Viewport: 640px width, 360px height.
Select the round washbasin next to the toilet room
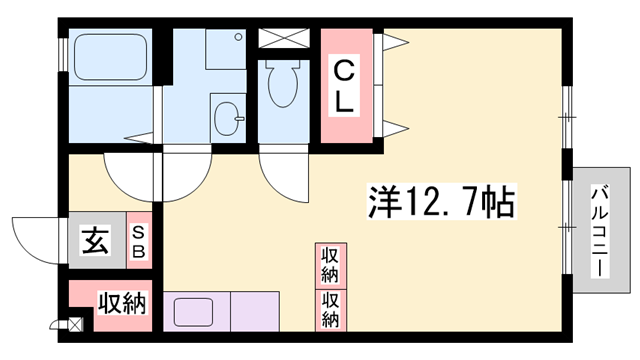(227, 118)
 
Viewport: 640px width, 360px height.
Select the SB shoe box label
(140, 241)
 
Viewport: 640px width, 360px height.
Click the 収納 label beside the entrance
(122, 303)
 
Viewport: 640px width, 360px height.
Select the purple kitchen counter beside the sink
(258, 311)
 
